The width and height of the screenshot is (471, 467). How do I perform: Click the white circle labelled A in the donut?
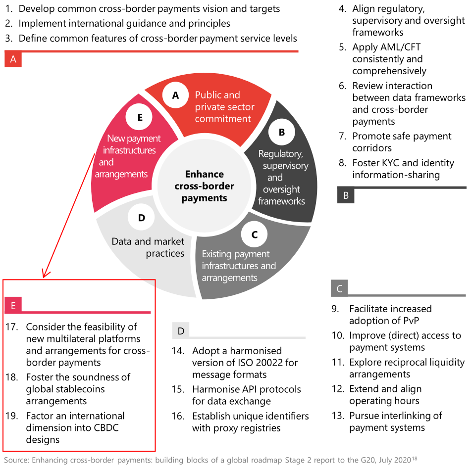pyautogui.click(x=175, y=95)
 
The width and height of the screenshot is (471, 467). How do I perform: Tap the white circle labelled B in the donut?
pyautogui.click(x=282, y=132)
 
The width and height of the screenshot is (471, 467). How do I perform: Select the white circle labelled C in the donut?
pyautogui.click(x=255, y=234)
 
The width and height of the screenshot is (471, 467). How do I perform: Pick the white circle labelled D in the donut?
pyautogui.click(x=142, y=218)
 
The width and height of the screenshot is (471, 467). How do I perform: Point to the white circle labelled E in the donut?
pyautogui.click(x=140, y=117)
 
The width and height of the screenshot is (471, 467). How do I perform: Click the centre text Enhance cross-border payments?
pyautogui.click(x=204, y=186)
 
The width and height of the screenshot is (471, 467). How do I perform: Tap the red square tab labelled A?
pyautogui.click(x=13, y=60)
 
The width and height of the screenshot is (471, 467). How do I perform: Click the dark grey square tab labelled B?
pyautogui.click(x=346, y=195)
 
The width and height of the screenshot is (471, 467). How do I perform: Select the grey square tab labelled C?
pyautogui.click(x=339, y=288)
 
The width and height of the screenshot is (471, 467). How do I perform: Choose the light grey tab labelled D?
pyautogui.click(x=181, y=330)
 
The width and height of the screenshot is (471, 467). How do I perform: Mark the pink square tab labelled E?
pyautogui.click(x=13, y=306)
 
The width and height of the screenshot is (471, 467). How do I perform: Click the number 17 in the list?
pyautogui.click(x=12, y=327)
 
